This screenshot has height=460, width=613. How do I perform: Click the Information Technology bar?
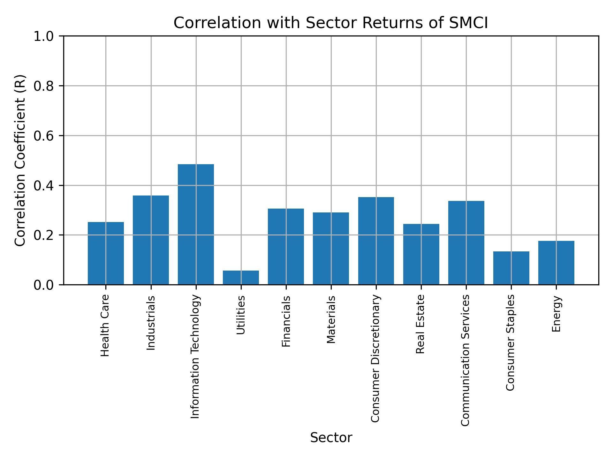click(x=196, y=224)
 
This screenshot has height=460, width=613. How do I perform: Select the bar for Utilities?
click(x=241, y=277)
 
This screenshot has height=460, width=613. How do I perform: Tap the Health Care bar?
click(x=106, y=253)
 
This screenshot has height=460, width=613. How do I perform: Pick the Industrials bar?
click(x=151, y=240)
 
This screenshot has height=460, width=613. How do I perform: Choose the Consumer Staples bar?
click(x=511, y=268)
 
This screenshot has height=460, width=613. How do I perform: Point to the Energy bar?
click(x=556, y=263)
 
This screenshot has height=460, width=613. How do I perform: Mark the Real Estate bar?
click(x=421, y=254)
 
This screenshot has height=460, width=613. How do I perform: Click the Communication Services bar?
click(x=466, y=242)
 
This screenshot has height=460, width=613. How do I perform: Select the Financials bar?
click(x=286, y=246)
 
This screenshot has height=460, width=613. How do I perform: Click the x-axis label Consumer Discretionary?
click(x=375, y=358)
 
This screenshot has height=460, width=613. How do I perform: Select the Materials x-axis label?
click(x=331, y=319)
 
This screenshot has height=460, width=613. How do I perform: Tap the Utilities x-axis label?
click(x=241, y=315)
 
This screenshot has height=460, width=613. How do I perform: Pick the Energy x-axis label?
click(x=556, y=314)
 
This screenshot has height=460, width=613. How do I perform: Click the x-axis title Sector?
click(x=331, y=438)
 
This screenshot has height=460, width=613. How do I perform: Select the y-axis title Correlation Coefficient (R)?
click(x=20, y=160)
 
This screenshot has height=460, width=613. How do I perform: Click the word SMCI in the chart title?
click(x=468, y=23)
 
